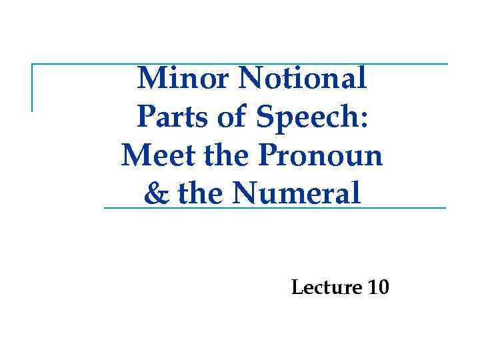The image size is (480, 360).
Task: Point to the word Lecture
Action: coord(326,288)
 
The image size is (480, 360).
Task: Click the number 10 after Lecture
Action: coord(377,288)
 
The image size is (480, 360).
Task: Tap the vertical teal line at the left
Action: coord(32,87)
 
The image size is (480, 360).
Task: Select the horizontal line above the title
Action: coord(240,64)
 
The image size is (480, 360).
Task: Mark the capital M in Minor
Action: coord(150,79)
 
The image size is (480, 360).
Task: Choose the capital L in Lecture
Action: coord(297,288)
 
